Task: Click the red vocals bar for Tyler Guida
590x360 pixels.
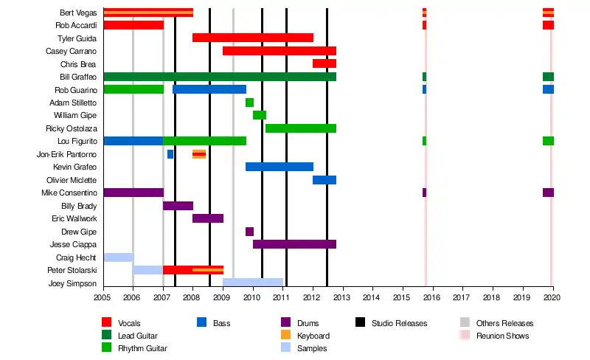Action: point(252,38)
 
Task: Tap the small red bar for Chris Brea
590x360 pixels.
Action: point(324,63)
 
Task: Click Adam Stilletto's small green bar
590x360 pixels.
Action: point(249,103)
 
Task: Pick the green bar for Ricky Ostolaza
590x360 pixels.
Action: point(300,128)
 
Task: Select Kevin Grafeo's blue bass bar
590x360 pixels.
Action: point(279,167)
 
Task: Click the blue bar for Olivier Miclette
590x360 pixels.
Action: point(324,180)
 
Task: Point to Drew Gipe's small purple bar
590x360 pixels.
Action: point(249,232)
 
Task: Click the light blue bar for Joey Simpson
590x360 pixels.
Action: point(252,283)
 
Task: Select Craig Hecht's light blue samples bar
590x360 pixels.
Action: point(118,257)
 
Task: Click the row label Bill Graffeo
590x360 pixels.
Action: point(78,77)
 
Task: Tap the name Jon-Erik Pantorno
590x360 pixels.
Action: point(66,154)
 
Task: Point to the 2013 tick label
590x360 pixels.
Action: point(341,297)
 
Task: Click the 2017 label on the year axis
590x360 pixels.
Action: point(461,297)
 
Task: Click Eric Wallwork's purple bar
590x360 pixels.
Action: point(207,218)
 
